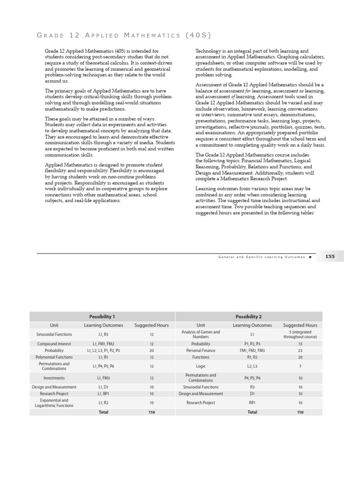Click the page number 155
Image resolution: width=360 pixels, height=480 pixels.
coord(330,256)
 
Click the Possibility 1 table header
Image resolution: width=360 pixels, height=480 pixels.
coord(102,316)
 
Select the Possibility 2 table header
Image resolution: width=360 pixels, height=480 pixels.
coord(249,316)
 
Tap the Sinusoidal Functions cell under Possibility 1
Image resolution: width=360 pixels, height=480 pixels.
coord(54,334)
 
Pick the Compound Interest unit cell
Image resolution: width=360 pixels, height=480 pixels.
coord(54,344)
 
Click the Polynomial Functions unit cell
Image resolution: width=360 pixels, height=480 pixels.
coord(54,357)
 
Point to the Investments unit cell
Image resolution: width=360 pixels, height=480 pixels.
coord(54,377)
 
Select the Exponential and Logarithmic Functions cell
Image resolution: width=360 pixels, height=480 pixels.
coord(54,403)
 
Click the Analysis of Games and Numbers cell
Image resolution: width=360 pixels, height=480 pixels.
coord(201,334)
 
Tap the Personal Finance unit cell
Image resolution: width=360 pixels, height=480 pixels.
coord(201,350)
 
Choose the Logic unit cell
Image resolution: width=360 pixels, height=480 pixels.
coord(201,366)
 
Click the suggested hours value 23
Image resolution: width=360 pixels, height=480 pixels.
coord(300,350)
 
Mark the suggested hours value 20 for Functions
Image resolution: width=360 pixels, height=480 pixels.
coord(300,357)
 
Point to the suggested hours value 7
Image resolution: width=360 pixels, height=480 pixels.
coord(300,366)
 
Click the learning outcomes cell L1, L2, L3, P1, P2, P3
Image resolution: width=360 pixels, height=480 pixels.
coord(103,350)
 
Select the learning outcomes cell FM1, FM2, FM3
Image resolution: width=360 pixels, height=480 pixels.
coord(252,350)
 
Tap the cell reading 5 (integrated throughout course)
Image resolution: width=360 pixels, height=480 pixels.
coord(300,334)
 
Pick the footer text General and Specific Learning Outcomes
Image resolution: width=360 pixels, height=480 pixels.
coord(261,257)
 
